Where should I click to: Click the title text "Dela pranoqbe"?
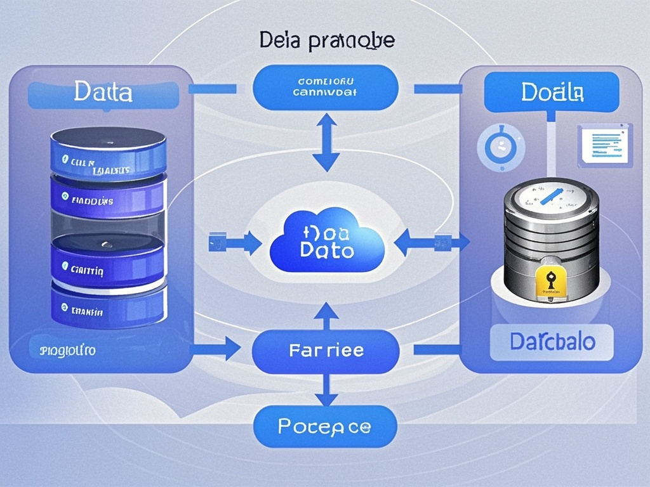[x=327, y=41]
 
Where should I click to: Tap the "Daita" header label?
[x=103, y=92]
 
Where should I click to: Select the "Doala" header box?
[x=551, y=92]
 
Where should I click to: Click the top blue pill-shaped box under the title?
[x=326, y=87]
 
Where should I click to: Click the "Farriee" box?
[x=326, y=351]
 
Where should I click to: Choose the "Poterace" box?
[x=325, y=426]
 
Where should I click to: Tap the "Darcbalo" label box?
[x=551, y=342]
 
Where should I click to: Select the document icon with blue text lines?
[x=604, y=144]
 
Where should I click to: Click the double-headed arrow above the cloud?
[x=326, y=142]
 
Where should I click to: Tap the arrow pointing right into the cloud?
[x=236, y=242]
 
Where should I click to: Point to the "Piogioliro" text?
[x=67, y=350]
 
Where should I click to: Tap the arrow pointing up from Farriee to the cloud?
[x=326, y=316]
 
